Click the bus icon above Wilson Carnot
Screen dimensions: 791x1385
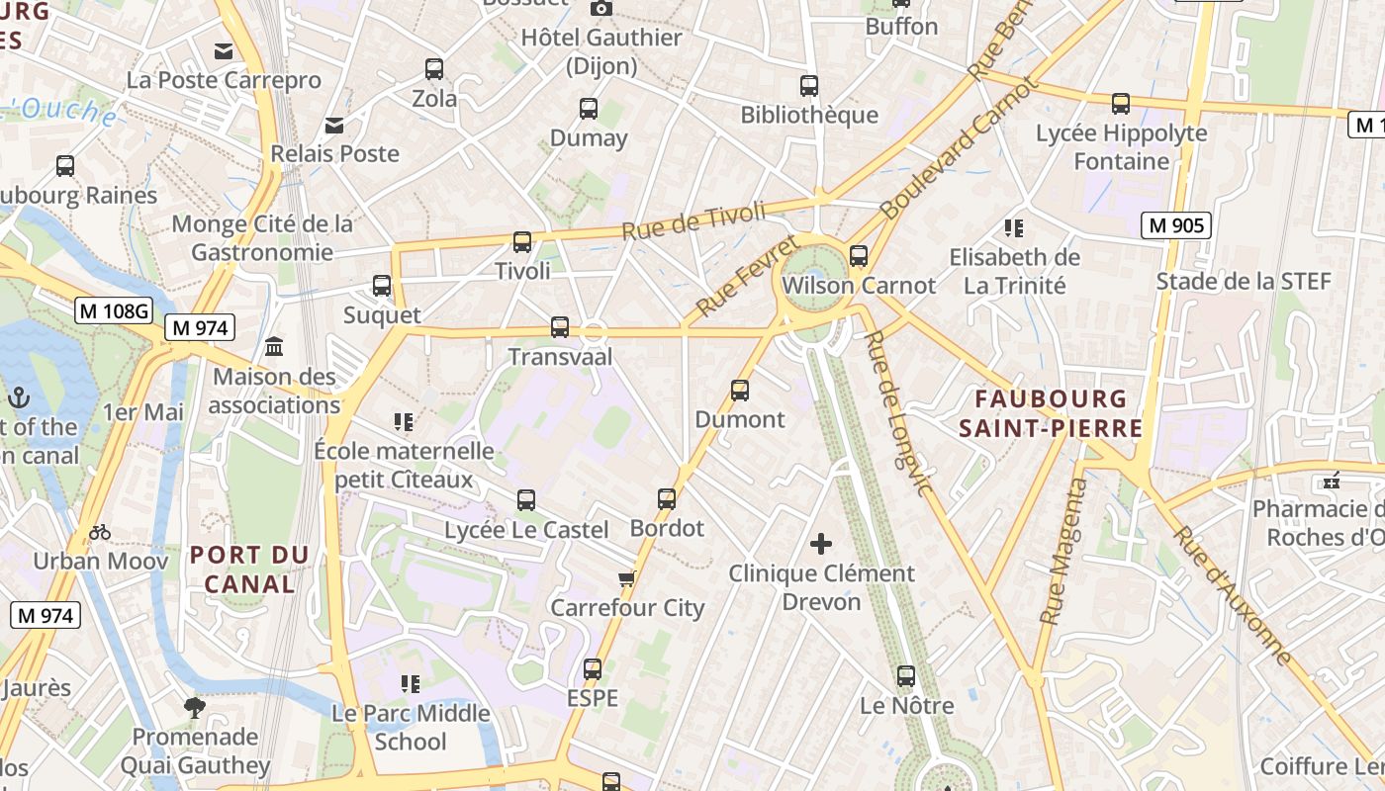858,256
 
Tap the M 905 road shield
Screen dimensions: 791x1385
1176,225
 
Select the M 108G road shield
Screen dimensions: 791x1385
114,310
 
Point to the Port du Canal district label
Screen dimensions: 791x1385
249,569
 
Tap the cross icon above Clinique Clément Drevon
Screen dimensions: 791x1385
821,543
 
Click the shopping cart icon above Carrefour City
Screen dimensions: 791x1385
625,578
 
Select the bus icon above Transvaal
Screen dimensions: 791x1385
560,327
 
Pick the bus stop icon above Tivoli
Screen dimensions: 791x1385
522,241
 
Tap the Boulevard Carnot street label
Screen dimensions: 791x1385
960,147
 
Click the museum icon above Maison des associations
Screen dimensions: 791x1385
274,347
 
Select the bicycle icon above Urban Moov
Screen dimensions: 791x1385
100,532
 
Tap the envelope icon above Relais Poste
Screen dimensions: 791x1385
334,125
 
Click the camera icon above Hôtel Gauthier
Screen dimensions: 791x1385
600,9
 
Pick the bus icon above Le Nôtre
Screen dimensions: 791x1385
906,676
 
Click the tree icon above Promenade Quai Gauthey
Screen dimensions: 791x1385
195,707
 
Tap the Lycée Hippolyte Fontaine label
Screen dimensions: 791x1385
1121,146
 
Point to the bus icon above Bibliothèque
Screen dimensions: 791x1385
809,86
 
